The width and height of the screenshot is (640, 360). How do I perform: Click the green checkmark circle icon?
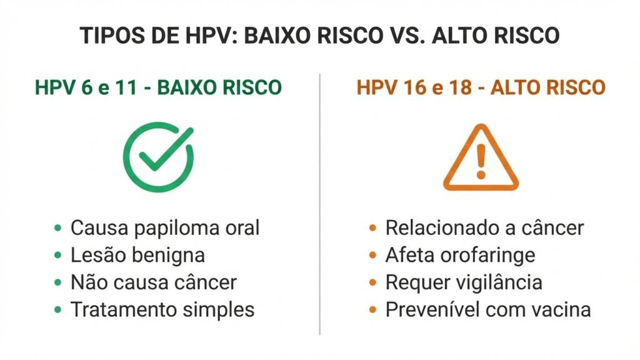pyautogui.click(x=158, y=156)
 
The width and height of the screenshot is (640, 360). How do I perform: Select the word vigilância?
pyautogui.click(x=501, y=282)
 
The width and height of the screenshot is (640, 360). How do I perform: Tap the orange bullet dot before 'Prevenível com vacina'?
pyautogui.click(x=373, y=309)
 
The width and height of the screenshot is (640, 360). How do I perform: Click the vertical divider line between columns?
pyautogui.click(x=320, y=206)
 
